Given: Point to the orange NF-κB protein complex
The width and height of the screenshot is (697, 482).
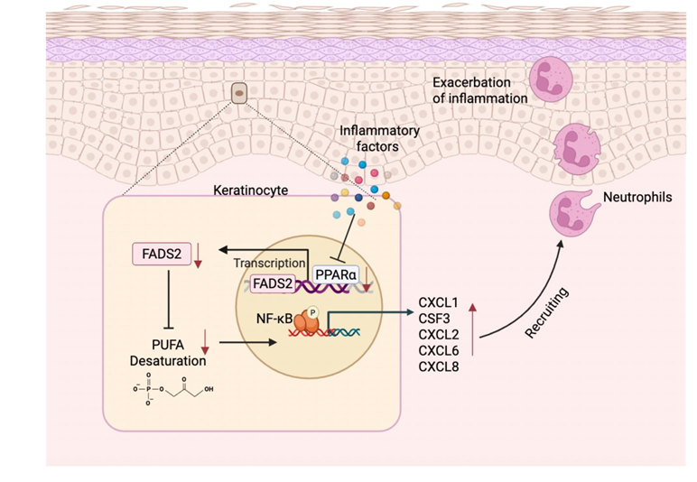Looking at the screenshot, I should (307, 320).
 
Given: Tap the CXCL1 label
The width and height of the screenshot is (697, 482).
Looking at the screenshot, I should (439, 301).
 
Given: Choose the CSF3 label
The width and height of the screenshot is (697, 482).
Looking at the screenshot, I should (435, 318).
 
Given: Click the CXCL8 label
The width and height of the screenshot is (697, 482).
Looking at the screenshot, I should (439, 366).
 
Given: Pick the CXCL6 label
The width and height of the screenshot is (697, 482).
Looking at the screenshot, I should (439, 350).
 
